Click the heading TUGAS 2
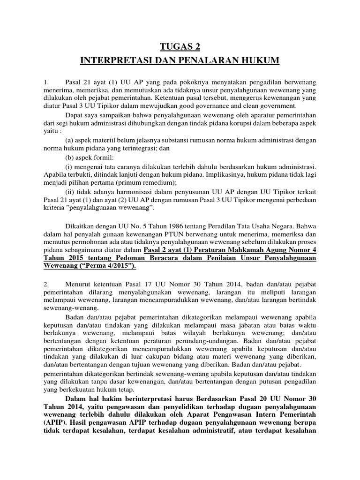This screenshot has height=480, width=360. [x=180, y=46]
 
